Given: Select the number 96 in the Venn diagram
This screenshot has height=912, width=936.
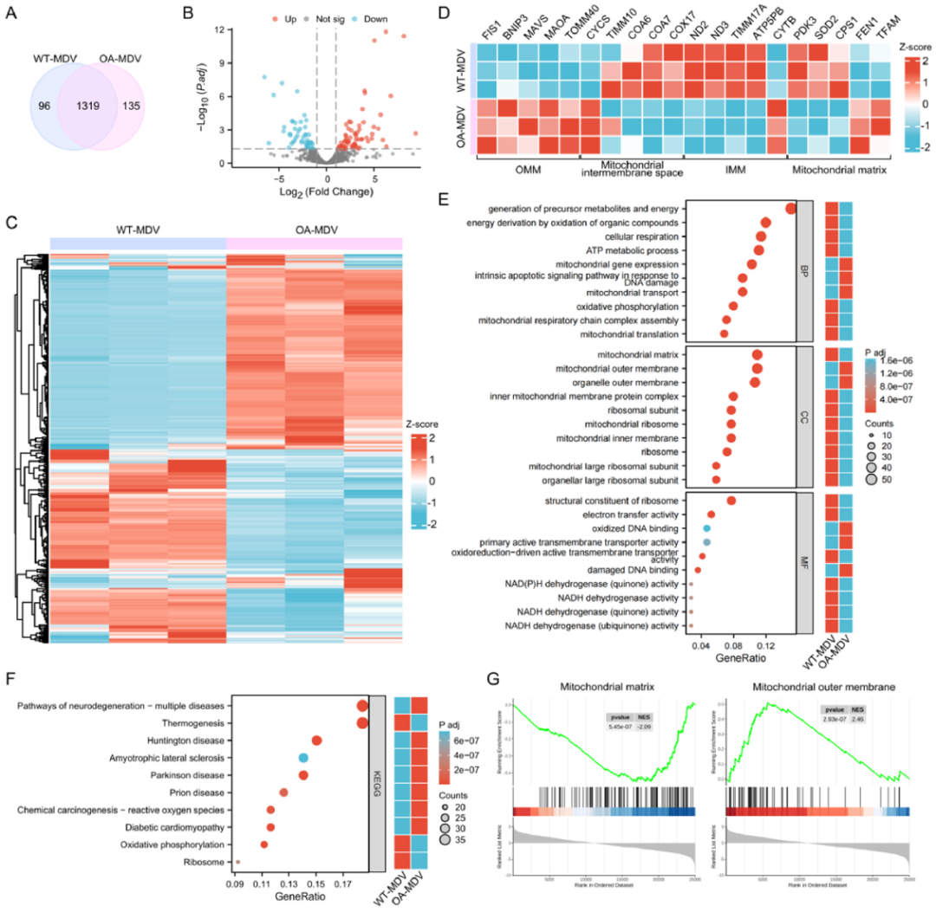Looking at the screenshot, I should click(x=43, y=107).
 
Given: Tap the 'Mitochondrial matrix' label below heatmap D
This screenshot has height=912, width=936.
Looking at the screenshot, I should click(x=839, y=170).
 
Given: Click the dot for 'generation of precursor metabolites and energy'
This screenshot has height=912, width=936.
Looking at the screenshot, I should click(x=790, y=208).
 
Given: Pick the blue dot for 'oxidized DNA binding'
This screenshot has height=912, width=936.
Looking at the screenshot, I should click(x=707, y=528).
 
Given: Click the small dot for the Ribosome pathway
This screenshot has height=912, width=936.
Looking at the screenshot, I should click(x=237, y=862).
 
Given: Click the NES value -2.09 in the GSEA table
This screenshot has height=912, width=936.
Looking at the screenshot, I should click(x=643, y=728).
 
